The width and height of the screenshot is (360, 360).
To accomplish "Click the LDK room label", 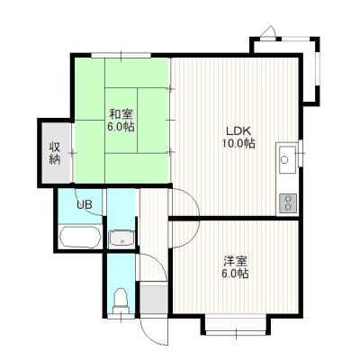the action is tap(238, 130).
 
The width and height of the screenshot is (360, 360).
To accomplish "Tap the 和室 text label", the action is tap(121, 114).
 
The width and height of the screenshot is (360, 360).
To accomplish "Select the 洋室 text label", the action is tap(236, 261).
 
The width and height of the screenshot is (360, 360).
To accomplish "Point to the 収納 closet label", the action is tap(55, 153).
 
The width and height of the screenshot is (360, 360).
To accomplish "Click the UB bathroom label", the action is tap(85, 205).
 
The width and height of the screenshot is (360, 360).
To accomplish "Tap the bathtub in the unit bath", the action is tap(80, 237).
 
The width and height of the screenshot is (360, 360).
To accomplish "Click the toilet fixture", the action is tap(121, 299).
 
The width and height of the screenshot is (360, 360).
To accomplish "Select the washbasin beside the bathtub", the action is tap(121, 238).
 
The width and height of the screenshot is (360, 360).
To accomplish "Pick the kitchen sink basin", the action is tap(288, 159).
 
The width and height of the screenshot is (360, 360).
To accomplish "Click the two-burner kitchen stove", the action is tap(288, 203).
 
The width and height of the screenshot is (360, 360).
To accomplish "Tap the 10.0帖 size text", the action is tap(238, 144).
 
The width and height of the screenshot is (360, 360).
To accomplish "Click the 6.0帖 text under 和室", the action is tap(121, 127).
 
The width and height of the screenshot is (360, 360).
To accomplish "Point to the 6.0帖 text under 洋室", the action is tap(236, 274).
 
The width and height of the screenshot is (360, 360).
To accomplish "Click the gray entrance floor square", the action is tap(154, 298).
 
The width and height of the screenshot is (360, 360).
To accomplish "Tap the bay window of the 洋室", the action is tap(236, 324).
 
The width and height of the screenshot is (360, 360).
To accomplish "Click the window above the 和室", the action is tap(121, 55).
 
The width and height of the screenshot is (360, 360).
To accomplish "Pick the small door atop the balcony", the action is tap(268, 33).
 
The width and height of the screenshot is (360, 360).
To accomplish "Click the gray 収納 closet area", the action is tap(56, 153).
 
